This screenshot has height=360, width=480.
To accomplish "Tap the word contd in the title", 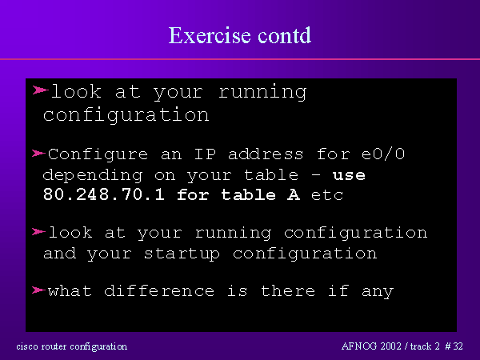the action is (x=284, y=35).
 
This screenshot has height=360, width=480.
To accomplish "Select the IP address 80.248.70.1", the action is (x=104, y=194).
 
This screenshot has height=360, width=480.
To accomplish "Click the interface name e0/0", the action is (x=383, y=154).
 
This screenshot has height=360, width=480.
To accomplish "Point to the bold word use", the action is (x=349, y=175).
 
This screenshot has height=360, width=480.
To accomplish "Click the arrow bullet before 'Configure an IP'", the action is (x=38, y=153).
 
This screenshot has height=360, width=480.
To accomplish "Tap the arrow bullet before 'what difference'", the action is (x=38, y=290).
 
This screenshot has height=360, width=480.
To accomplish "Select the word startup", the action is (x=182, y=254).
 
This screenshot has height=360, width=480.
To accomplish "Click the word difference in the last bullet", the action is (x=159, y=290).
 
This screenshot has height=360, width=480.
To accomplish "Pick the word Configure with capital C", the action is (x=98, y=154).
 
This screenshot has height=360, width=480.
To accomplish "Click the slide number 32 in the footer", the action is (x=458, y=346).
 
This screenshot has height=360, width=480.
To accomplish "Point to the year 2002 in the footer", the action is (x=390, y=346).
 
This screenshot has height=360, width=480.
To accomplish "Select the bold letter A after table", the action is (x=294, y=194).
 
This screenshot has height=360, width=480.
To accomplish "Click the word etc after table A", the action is (x=327, y=195).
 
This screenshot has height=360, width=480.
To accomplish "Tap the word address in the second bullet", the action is (x=266, y=154).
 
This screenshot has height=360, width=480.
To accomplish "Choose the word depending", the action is (x=93, y=176).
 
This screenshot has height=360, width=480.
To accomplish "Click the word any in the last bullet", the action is (x=378, y=291).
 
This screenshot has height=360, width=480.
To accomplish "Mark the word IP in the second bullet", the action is (x=205, y=154).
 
